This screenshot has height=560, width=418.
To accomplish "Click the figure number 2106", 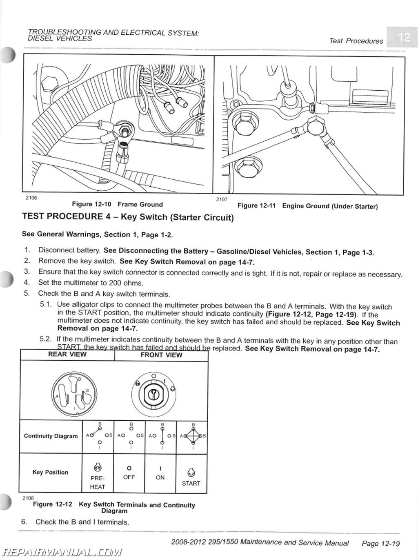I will (31, 198).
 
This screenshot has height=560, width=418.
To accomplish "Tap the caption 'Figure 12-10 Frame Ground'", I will (117, 204).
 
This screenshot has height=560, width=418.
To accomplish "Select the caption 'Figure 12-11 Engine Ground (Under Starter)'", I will (307, 206).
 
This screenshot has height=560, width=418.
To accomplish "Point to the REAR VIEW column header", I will (67, 355).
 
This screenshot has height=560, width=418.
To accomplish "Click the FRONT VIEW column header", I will (161, 355).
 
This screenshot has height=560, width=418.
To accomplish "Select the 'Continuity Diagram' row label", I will (51, 436).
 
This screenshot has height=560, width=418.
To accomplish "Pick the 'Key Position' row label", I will (50, 472).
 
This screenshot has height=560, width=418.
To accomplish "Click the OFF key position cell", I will (129, 473).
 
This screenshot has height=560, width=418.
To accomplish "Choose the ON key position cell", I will (160, 473).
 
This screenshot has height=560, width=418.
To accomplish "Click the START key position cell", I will (191, 478).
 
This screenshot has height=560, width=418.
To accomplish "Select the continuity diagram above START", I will (193, 436).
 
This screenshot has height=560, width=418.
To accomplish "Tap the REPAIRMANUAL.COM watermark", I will (61, 552).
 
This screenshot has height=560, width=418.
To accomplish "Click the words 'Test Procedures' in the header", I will (356, 41).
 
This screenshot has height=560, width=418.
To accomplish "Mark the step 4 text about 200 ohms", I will (90, 282).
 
